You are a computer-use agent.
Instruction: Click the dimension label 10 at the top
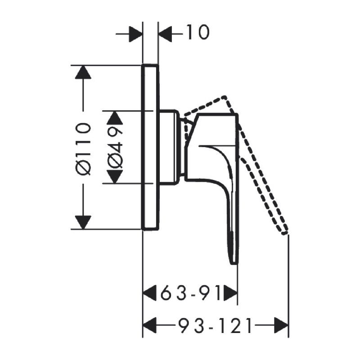(x=198, y=32)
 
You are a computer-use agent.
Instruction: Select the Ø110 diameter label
(x=83, y=149)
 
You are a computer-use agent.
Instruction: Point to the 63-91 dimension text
(x=190, y=293)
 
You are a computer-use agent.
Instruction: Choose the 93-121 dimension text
(x=215, y=325)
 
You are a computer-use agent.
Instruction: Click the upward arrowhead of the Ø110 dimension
(x=83, y=72)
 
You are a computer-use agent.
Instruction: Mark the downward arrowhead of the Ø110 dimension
(x=83, y=222)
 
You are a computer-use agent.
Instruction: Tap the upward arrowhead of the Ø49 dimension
(x=115, y=117)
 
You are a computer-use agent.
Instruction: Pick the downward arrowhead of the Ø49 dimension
(x=115, y=177)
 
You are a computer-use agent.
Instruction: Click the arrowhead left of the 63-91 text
(x=150, y=293)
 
